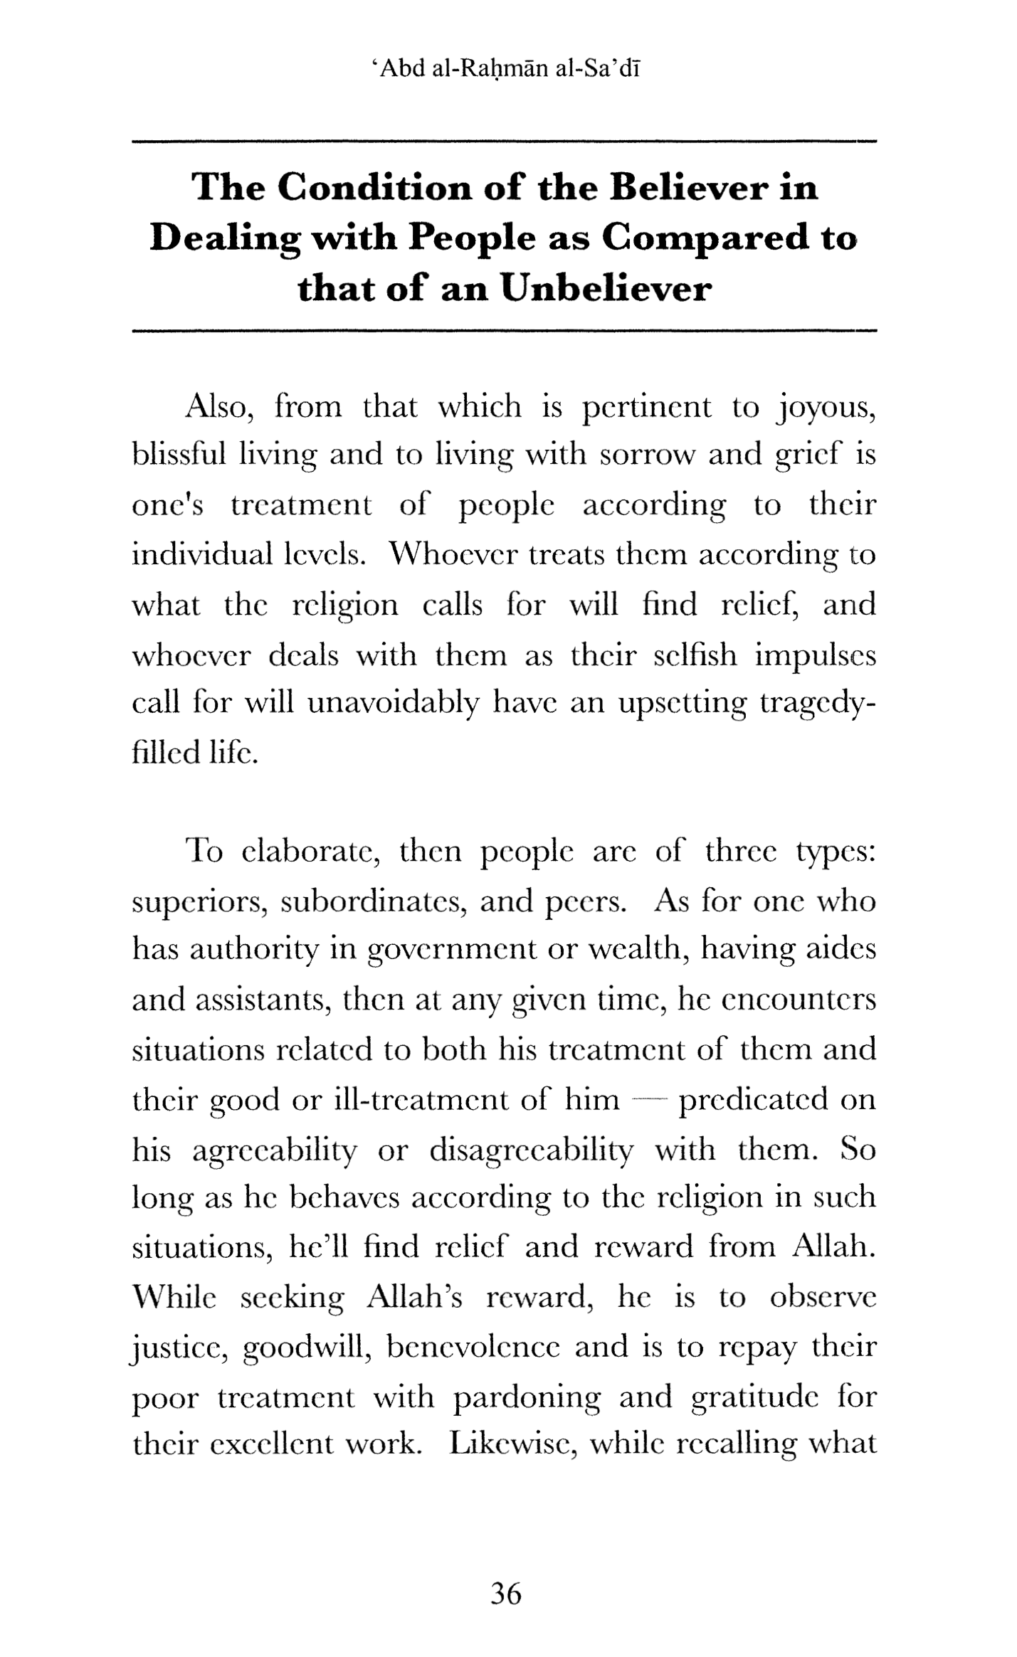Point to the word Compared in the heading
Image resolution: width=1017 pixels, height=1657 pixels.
pos(705,238)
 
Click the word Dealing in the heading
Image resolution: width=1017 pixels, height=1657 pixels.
pos(224,239)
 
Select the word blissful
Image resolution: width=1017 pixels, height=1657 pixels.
pos(179,454)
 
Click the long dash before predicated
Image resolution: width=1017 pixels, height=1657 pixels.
pos(649,1099)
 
